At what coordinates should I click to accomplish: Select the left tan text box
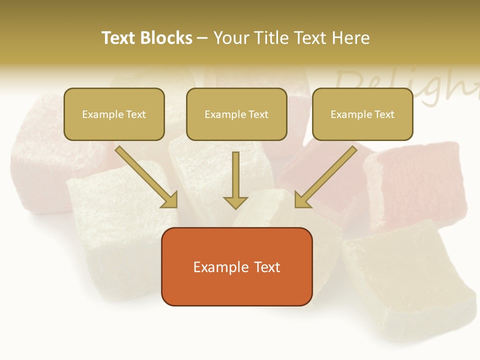coord(114,114)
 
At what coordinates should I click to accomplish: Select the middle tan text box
coord(236,114)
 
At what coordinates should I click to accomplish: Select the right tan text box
coord(362,114)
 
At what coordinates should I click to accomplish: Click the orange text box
coord(237,267)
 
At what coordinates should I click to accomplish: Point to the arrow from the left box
coord(145,177)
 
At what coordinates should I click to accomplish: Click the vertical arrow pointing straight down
coord(235,180)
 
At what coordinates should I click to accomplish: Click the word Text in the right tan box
coord(384,114)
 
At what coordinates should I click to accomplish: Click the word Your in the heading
coord(230,38)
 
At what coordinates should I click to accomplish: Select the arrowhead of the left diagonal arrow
coord(170,200)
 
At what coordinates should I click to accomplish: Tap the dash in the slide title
coord(202,38)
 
